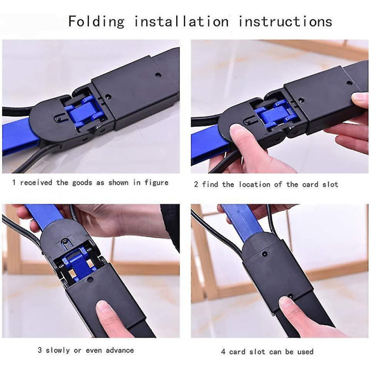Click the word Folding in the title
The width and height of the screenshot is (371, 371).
(x=96, y=22)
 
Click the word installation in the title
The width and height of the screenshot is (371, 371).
(x=181, y=21)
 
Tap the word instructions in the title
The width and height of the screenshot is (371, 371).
(x=285, y=21)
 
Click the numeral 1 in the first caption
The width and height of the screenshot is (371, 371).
(x=14, y=182)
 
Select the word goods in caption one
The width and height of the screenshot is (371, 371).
(x=82, y=183)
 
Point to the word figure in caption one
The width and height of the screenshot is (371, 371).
(x=156, y=183)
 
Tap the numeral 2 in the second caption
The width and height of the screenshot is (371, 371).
(x=196, y=184)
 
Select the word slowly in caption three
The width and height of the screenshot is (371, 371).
(x=58, y=350)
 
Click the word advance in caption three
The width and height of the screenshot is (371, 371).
(x=120, y=350)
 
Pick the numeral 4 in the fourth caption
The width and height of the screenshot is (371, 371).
(x=223, y=352)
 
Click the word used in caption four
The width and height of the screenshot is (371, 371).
(x=305, y=352)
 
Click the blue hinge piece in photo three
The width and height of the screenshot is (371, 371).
(x=76, y=262)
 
